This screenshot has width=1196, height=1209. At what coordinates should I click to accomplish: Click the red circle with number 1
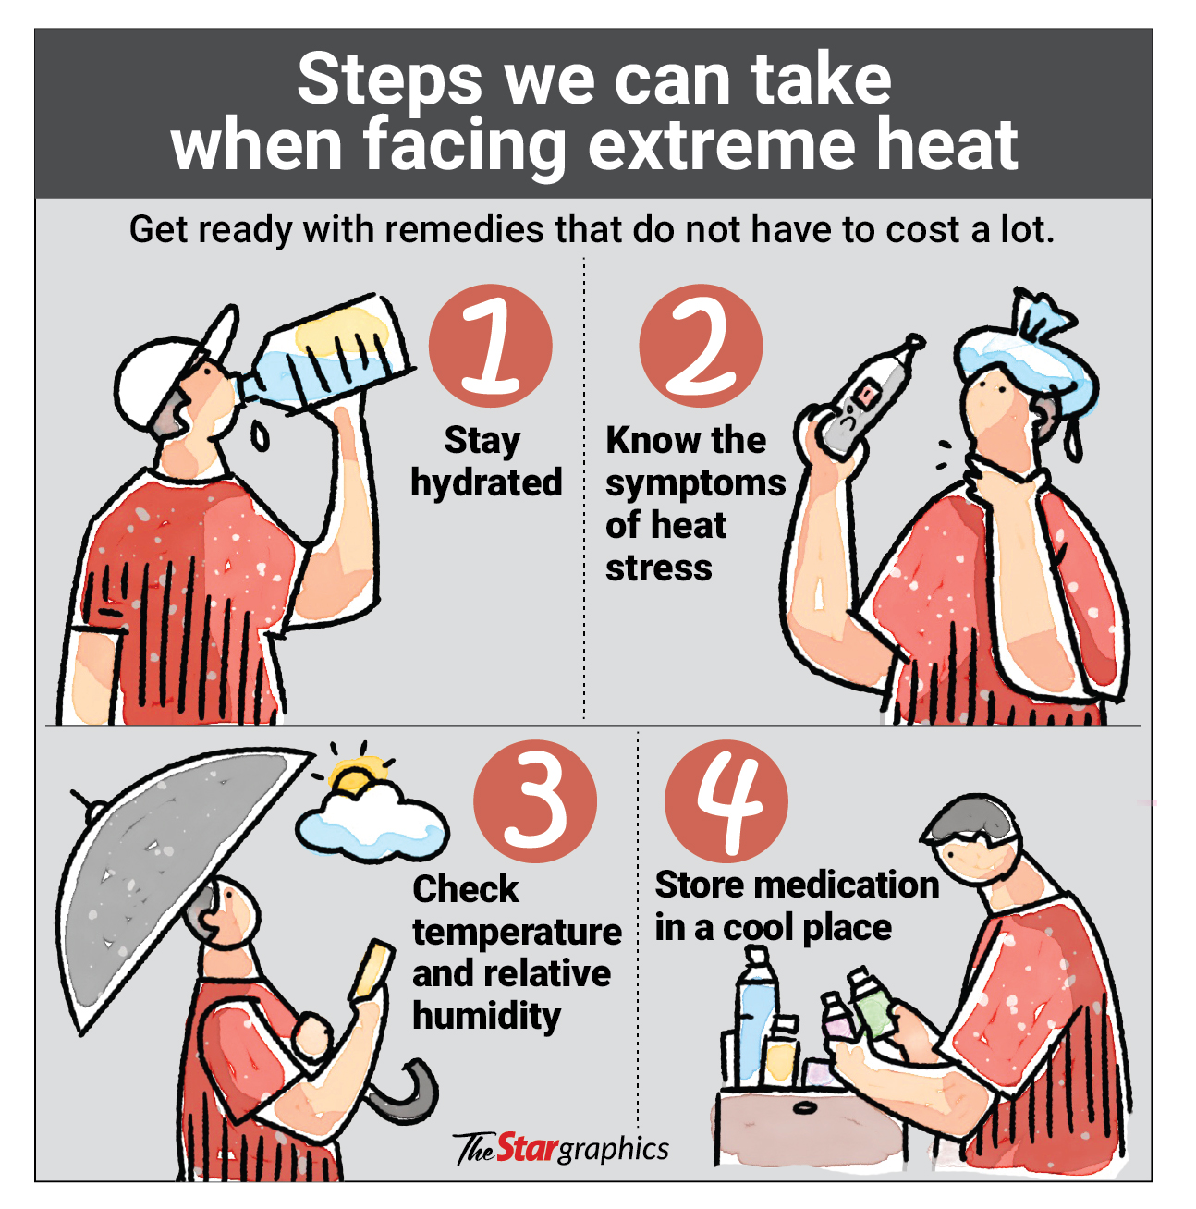[x=490, y=346]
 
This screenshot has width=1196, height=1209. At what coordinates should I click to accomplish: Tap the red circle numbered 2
[x=701, y=346]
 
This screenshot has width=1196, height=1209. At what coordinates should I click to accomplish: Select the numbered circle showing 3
[x=534, y=801]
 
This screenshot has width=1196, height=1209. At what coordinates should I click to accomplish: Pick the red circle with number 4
[x=726, y=801]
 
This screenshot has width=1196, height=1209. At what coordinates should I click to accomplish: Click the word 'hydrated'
[x=486, y=483]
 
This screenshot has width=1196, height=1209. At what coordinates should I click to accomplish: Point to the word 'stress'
[x=658, y=568]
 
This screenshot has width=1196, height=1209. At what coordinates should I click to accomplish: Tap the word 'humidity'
[x=486, y=1017]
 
